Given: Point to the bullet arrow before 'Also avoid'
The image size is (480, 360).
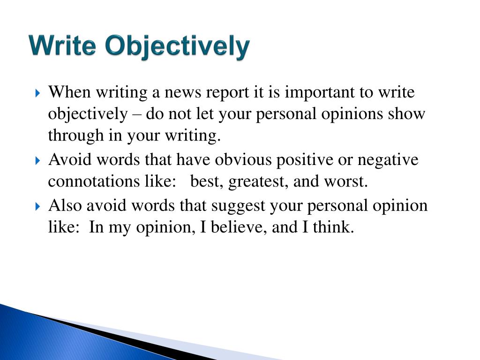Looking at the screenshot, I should [38, 207].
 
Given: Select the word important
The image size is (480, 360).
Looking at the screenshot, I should [320, 93].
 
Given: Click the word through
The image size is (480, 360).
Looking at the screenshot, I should [69, 136].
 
